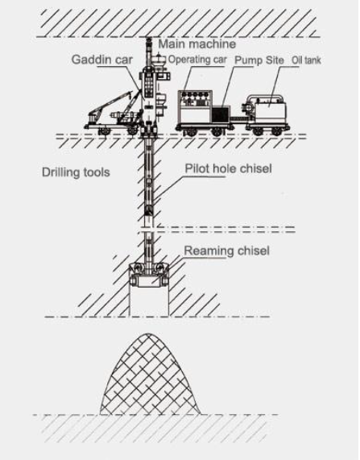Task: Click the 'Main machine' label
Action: [x=197, y=44]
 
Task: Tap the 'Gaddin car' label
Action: [x=101, y=60]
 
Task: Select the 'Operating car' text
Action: [x=197, y=60]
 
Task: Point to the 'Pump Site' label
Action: [x=259, y=60]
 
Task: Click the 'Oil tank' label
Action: [x=306, y=60]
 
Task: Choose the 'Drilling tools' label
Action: [x=76, y=172]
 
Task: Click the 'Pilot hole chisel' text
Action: [x=228, y=168]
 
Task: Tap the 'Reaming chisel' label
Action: [x=226, y=251]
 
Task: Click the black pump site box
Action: [x=220, y=114]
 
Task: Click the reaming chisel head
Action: [x=149, y=274]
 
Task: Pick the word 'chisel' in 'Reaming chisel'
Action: [x=253, y=251]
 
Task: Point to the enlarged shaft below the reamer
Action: [x=149, y=301]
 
